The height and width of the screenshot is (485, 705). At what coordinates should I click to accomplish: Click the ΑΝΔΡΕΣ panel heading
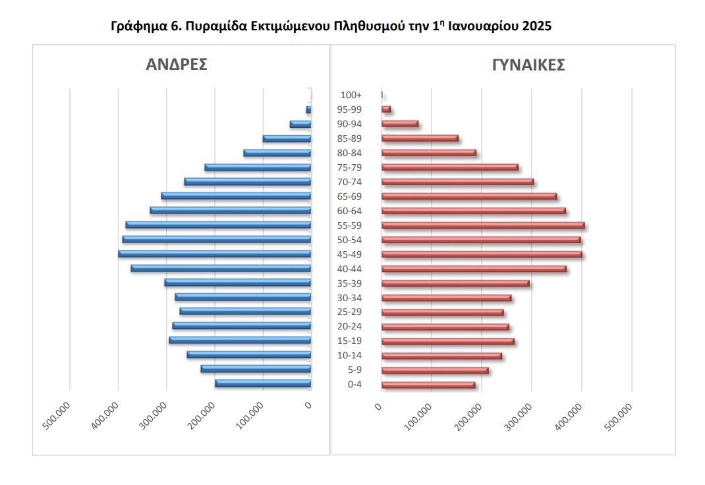pos(177,65)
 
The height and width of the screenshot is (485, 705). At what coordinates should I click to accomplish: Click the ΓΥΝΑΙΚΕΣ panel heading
pos(528,65)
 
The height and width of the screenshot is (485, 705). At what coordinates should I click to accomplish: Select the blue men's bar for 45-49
pos(215,254)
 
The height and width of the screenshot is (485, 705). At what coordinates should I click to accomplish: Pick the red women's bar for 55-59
pos(483,225)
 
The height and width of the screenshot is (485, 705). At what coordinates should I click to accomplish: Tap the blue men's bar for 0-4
pos(263,384)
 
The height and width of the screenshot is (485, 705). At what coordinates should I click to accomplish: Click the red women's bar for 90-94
pos(400,124)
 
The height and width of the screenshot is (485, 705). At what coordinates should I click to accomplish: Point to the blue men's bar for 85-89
pos(287,138)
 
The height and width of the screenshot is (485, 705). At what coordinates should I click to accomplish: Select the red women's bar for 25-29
pos(443,312)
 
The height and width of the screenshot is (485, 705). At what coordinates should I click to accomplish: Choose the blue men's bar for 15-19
pos(240,340)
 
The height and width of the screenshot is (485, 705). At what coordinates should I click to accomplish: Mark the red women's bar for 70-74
pos(457,182)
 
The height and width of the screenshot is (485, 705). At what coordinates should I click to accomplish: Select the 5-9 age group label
pos(355,370)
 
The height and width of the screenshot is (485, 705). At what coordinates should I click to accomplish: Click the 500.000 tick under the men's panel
pos(57,415)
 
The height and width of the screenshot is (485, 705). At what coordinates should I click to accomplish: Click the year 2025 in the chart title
pos(536,26)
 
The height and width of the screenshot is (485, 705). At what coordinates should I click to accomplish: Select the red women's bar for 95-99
pos(386,109)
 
